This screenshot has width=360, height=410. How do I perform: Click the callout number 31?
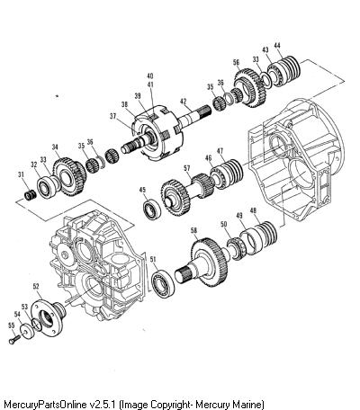[21, 174]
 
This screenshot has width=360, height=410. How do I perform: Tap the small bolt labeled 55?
[14, 340]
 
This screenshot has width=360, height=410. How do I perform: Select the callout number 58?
[194, 230]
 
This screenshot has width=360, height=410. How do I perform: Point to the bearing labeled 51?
[163, 283]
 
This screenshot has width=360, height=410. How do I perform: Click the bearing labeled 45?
[152, 209]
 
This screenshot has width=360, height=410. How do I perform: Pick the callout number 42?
[184, 101]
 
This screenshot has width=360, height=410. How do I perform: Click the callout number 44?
[277, 46]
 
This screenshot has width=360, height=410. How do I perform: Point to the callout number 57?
[187, 169]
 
